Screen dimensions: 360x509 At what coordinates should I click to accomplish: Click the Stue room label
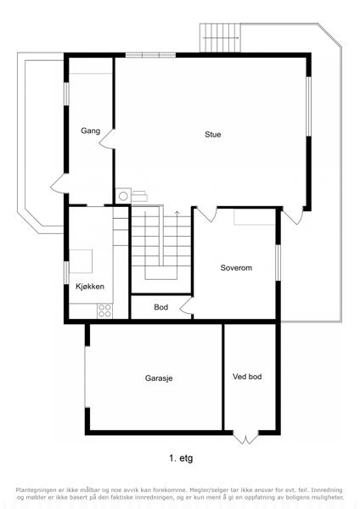pos(213,134)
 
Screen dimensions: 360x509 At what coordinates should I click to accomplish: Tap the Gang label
pos(90,131)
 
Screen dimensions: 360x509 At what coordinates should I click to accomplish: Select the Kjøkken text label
pos(90,287)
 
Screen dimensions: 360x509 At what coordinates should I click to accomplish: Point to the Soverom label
pos(236,268)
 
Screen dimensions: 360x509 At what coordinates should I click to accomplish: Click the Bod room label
pos(160,307)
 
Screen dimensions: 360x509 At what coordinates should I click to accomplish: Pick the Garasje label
pos(159,378)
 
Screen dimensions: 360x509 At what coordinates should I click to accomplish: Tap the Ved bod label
pos(247,377)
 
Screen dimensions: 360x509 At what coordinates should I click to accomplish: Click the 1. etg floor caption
pos(181,458)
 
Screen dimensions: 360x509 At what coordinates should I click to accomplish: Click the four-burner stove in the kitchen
pos(104,310)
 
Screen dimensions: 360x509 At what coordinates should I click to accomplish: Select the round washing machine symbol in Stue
pos(123,196)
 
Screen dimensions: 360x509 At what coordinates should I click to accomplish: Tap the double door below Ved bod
pos(245,439)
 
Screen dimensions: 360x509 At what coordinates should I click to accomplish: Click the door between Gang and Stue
pos(106,139)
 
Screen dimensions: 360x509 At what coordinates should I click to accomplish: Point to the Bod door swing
pos(186,306)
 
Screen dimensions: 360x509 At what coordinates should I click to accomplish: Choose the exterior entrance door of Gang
pos(59,184)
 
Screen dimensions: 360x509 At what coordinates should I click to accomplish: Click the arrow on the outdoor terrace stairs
pos(221,38)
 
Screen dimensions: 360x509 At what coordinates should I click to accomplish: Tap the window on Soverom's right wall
pos(278,262)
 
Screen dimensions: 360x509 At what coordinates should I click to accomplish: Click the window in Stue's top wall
pos(151,55)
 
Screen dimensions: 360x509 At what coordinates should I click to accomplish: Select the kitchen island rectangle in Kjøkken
pos(81,261)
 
